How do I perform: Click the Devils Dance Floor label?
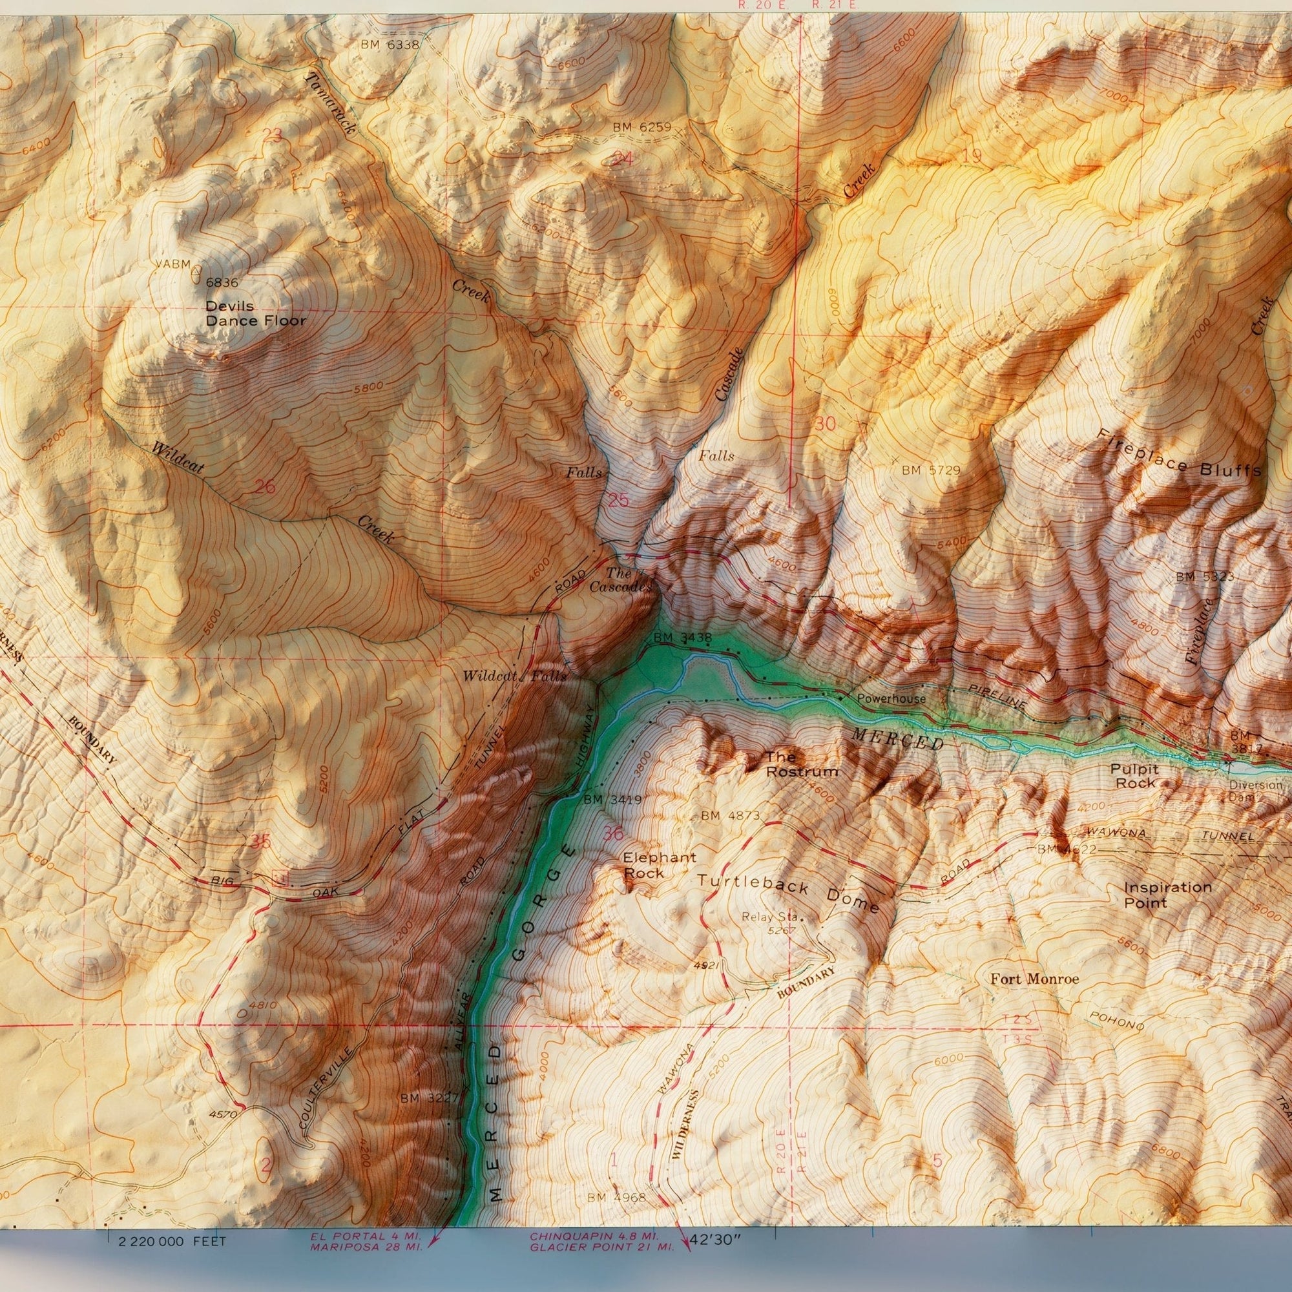(255, 313)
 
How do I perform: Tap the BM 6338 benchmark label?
(389, 45)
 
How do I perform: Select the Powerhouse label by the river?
(891, 699)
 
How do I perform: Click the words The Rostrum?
(801, 764)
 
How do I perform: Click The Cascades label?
(620, 580)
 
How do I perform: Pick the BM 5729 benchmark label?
(930, 470)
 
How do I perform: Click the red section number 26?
(265, 486)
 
